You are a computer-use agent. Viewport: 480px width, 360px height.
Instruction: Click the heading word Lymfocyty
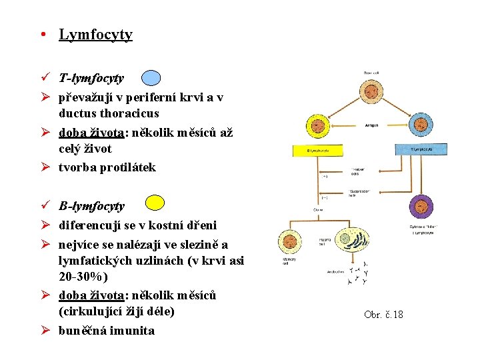coord(95,35)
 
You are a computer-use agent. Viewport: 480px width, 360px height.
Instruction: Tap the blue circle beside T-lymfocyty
coord(151,78)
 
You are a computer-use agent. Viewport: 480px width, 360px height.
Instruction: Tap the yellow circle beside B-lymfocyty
coord(155,203)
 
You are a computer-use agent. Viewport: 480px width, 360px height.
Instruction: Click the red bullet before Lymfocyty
coord(41,35)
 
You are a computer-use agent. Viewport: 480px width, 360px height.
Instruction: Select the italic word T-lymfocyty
coord(91,79)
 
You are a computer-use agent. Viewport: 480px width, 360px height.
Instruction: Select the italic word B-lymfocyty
coord(91,206)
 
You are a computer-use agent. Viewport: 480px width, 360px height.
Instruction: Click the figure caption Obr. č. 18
coord(383,314)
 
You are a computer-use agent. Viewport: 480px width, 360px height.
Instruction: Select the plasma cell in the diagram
coord(345,239)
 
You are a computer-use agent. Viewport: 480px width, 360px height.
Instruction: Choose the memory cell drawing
coord(291,242)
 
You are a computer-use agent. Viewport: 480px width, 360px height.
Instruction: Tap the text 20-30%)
coord(83,276)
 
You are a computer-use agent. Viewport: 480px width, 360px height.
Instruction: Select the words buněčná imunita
coord(106,331)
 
